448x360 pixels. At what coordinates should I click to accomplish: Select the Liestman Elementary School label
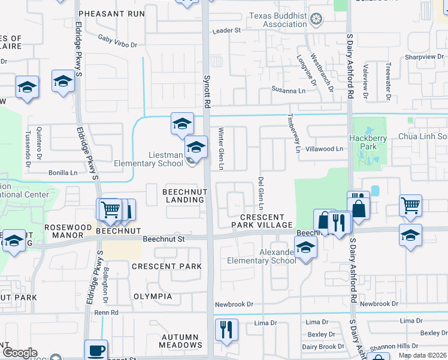coord(149,159)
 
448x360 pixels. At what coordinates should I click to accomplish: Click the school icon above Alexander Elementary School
coord(305,247)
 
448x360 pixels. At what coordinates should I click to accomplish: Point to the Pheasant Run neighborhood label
coord(111,13)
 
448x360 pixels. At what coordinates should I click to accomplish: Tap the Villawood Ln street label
coord(323,149)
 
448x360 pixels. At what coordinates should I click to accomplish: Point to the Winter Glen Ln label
coord(220,148)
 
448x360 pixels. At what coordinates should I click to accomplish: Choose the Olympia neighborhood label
coord(153,296)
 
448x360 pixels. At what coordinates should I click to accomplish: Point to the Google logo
coord(20,353)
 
